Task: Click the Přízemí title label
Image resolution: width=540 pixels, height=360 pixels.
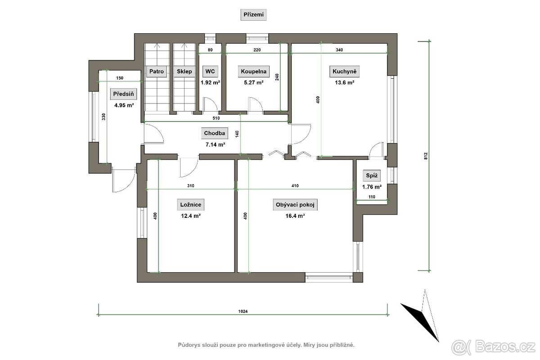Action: click(253, 15)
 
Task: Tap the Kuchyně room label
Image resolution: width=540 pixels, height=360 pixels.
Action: click(344, 72)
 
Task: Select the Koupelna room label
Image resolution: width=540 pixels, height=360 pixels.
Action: click(254, 72)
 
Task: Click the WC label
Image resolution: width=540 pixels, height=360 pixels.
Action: click(210, 72)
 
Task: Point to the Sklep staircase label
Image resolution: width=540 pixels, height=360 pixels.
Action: click(184, 72)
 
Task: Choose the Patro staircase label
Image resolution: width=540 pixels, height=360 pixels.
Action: click(157, 72)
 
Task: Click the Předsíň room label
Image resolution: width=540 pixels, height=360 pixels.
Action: click(123, 94)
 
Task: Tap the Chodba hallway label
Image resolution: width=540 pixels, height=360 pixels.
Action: click(214, 133)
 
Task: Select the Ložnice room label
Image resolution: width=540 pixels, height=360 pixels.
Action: click(191, 205)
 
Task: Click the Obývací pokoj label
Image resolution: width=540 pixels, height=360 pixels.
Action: click(295, 205)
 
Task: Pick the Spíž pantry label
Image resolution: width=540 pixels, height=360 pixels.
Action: click(372, 175)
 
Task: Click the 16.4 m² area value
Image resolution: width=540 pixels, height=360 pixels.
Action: click(295, 216)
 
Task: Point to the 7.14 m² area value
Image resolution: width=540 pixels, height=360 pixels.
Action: click(215, 144)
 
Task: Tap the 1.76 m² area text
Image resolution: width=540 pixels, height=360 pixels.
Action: click(372, 187)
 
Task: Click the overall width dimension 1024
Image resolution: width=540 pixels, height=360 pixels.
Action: click(243, 311)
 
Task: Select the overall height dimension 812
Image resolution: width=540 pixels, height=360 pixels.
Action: click(426, 156)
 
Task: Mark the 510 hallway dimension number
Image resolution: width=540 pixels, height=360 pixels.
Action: click(216, 118)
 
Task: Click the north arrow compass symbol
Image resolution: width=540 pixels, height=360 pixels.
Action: click(421, 315)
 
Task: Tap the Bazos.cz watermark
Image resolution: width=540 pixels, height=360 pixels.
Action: click(493, 347)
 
